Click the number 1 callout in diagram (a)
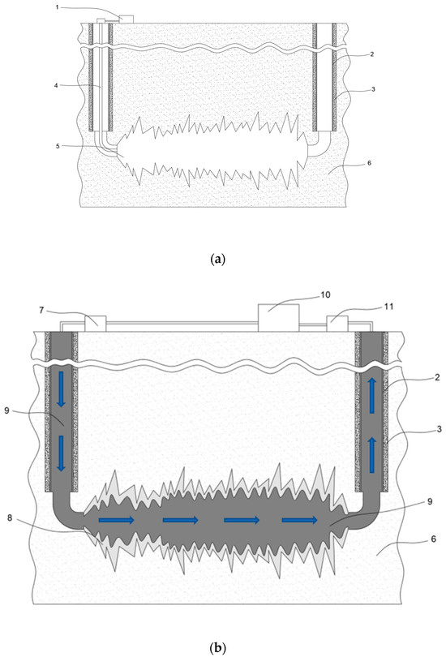tap(57, 7)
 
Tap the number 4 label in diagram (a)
tap(56, 85)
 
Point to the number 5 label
tap(58, 146)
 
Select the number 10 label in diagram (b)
tap(325, 295)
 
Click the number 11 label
tap(388, 307)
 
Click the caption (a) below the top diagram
tap(217, 260)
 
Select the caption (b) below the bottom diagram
tap(217, 648)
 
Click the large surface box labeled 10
tap(278, 318)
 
